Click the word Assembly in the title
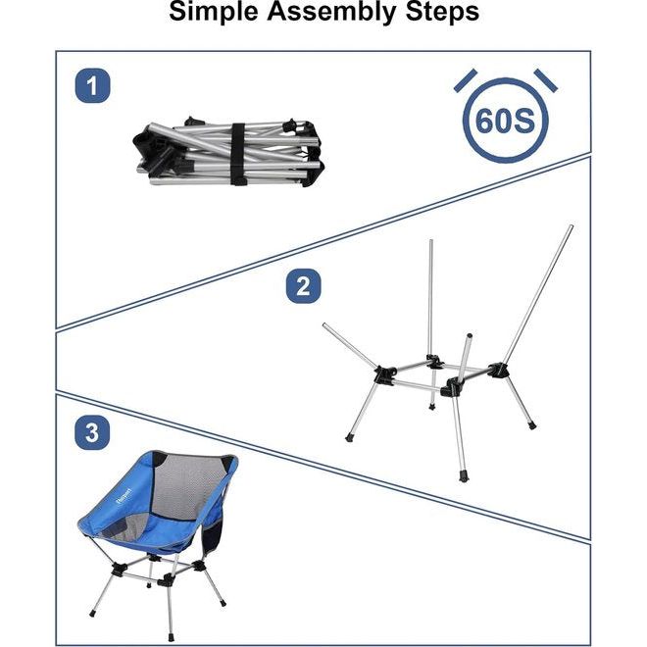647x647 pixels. click(x=330, y=13)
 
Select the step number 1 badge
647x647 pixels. click(x=93, y=87)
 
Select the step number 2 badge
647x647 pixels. click(x=303, y=286)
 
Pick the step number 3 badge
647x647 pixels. click(x=92, y=433)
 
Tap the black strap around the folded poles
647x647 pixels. click(x=236, y=152)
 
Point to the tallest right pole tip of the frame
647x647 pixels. click(x=569, y=229)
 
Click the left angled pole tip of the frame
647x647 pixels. click(x=325, y=326)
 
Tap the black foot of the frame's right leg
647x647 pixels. click(x=531, y=425)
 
